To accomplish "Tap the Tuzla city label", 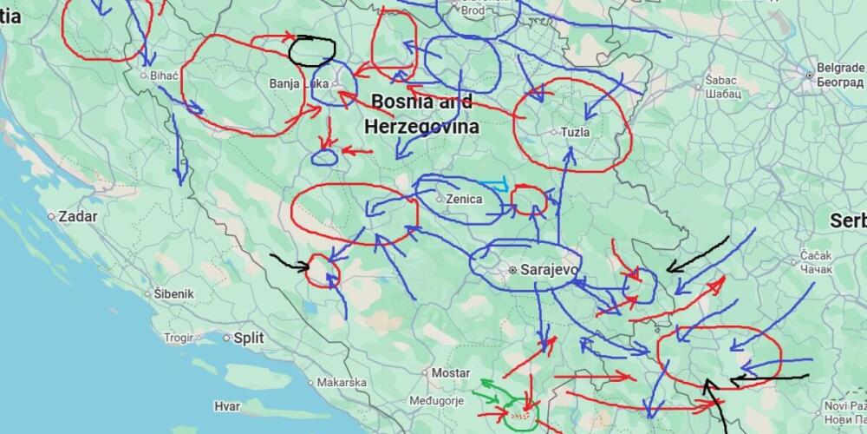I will pyautogui.click(x=576, y=133).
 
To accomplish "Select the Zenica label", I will pyautogui.click(x=464, y=199).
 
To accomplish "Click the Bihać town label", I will pyautogui.click(x=164, y=76).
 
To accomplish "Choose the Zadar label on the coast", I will pyautogui.click(x=77, y=216).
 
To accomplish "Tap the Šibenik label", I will pyautogui.click(x=174, y=294).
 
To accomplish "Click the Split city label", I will pyautogui.click(x=249, y=338).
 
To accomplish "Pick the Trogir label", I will pyautogui.click(x=179, y=339).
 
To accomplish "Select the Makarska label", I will pyautogui.click(x=341, y=382).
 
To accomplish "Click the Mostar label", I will pyautogui.click(x=451, y=373).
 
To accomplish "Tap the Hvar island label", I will pyautogui.click(x=227, y=405).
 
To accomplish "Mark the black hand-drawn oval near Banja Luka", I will pyautogui.click(x=312, y=50).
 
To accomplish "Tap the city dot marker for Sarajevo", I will pyautogui.click(x=512, y=270).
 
